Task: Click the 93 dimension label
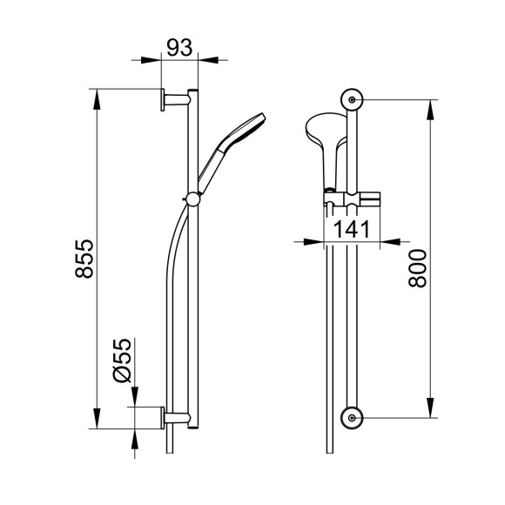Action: [179, 48]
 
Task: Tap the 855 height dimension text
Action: [84, 259]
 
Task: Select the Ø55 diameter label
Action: [123, 360]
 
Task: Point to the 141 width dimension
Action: [352, 229]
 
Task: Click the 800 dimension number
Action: [417, 268]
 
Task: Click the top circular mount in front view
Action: [352, 100]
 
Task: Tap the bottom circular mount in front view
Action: [352, 418]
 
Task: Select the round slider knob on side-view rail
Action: [193, 199]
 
